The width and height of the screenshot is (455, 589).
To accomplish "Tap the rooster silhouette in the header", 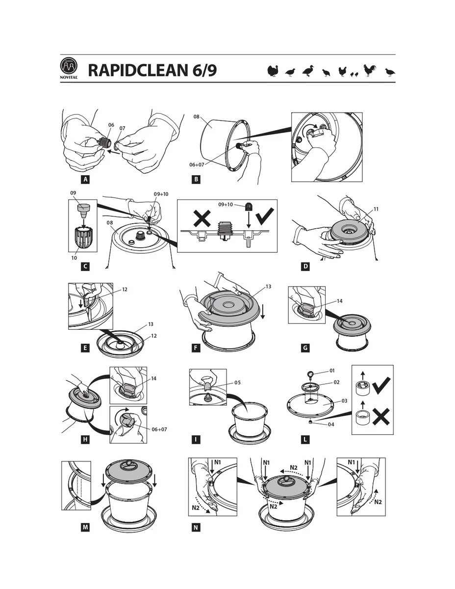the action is pos(370,71).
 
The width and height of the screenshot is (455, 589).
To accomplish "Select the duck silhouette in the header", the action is pos(308,71).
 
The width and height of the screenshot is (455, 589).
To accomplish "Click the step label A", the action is pos(85,179).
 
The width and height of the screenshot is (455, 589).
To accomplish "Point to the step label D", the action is pos(305,267).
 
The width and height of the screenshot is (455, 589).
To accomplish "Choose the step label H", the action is pos(85,439).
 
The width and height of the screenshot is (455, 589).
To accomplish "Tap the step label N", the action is pos(196,528).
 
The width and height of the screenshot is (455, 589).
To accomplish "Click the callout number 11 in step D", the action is pos(376,209).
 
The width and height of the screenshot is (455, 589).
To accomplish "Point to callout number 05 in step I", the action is pos(237,382).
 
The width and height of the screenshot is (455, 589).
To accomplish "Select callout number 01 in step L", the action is pos(332,371).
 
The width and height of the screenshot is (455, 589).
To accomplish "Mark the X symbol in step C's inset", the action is pos(202,219).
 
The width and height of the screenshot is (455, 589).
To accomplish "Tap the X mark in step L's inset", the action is pos(381,416).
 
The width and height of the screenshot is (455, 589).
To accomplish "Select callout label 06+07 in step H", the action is pos(159,429).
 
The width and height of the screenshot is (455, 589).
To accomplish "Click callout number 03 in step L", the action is pos(344,401).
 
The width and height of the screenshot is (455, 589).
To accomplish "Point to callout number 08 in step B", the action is pos(196,116).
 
